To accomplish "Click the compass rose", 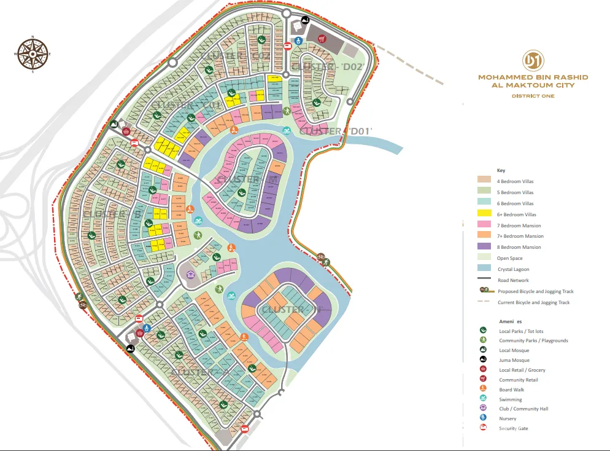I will click(33, 54).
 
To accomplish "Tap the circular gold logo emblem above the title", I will click(532, 60).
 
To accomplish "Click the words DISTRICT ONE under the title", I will click(533, 96).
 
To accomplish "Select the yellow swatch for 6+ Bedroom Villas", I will click(485, 214).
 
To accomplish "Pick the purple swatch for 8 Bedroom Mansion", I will click(485, 247).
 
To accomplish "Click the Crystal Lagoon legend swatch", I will click(485, 269).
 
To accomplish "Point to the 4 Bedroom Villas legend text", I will click(515, 181).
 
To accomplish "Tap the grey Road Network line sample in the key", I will click(485, 280).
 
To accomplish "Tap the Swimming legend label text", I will click(510, 399).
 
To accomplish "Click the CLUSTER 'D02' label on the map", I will click(319, 66).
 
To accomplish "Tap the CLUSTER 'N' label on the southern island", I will click(291, 309).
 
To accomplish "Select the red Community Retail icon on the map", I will click(321, 39).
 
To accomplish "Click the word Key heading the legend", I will click(501, 170).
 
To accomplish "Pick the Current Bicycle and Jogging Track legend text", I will click(534, 302).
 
